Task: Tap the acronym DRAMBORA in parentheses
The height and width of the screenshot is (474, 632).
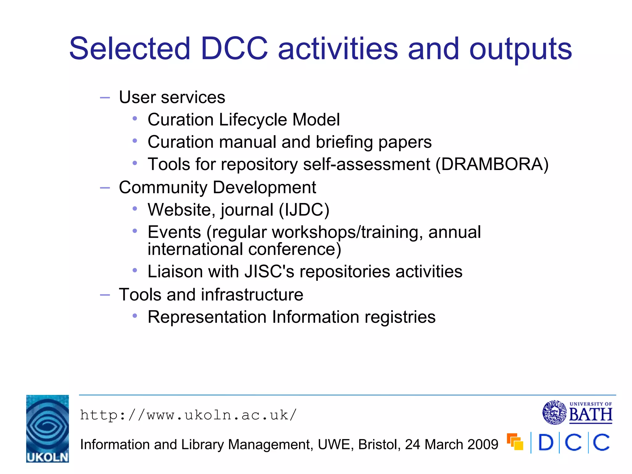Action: [492, 164]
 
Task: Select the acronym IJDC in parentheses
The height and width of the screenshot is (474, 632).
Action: [304, 210]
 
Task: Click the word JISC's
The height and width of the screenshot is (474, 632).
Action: [269, 272]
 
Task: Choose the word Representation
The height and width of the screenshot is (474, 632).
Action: [207, 317]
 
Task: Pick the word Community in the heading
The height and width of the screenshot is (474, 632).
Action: [163, 187]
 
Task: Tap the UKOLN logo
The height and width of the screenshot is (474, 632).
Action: [48, 428]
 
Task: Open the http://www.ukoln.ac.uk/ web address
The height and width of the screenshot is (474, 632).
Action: [188, 415]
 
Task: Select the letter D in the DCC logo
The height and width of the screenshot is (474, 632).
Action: [546, 443]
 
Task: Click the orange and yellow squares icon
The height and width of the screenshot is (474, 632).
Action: [515, 442]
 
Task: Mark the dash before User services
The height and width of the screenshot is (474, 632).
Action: [105, 98]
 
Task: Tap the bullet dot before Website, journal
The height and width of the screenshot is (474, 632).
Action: [135, 209]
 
